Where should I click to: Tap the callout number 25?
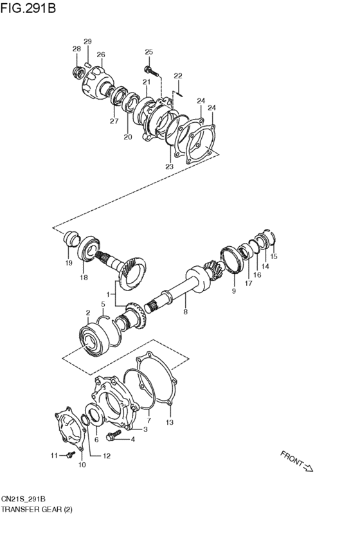tap(148, 52)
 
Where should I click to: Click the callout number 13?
tap(170, 423)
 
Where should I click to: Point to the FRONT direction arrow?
tap(296, 461)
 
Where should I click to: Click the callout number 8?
tap(185, 313)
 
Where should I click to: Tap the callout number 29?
tap(87, 42)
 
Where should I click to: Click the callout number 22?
tap(178, 76)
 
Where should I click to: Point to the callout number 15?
tap(274, 256)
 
